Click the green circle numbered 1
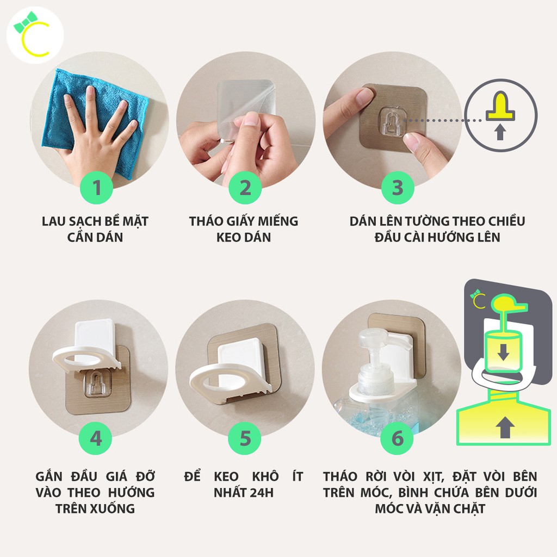(96, 187)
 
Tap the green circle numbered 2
(245, 187)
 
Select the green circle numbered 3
(398, 187)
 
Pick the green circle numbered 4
(96, 438)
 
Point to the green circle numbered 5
(245, 438)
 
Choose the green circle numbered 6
(397, 438)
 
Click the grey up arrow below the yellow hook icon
(500, 132)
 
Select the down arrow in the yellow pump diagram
(503, 352)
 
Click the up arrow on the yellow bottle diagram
(505, 426)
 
